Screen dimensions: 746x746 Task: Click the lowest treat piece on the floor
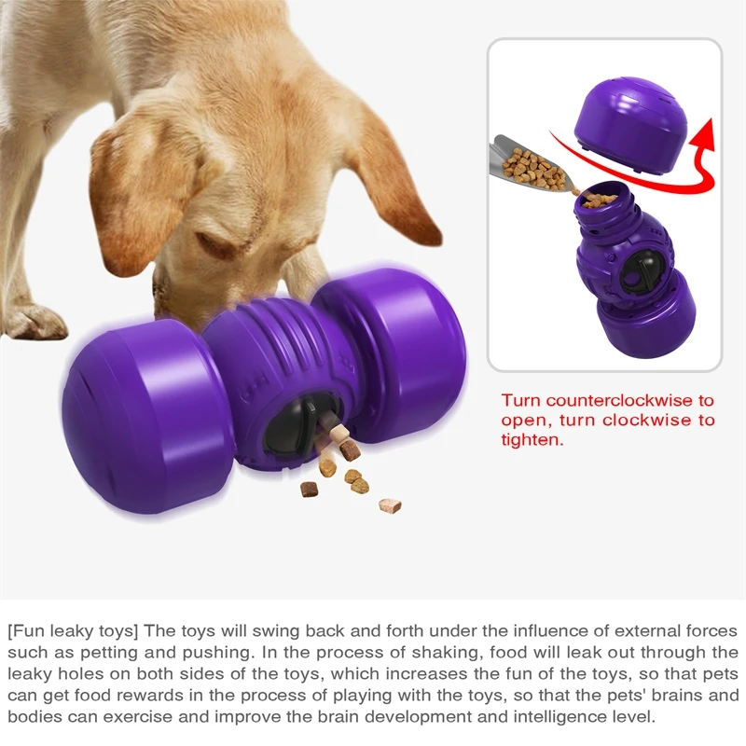click(390, 505)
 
